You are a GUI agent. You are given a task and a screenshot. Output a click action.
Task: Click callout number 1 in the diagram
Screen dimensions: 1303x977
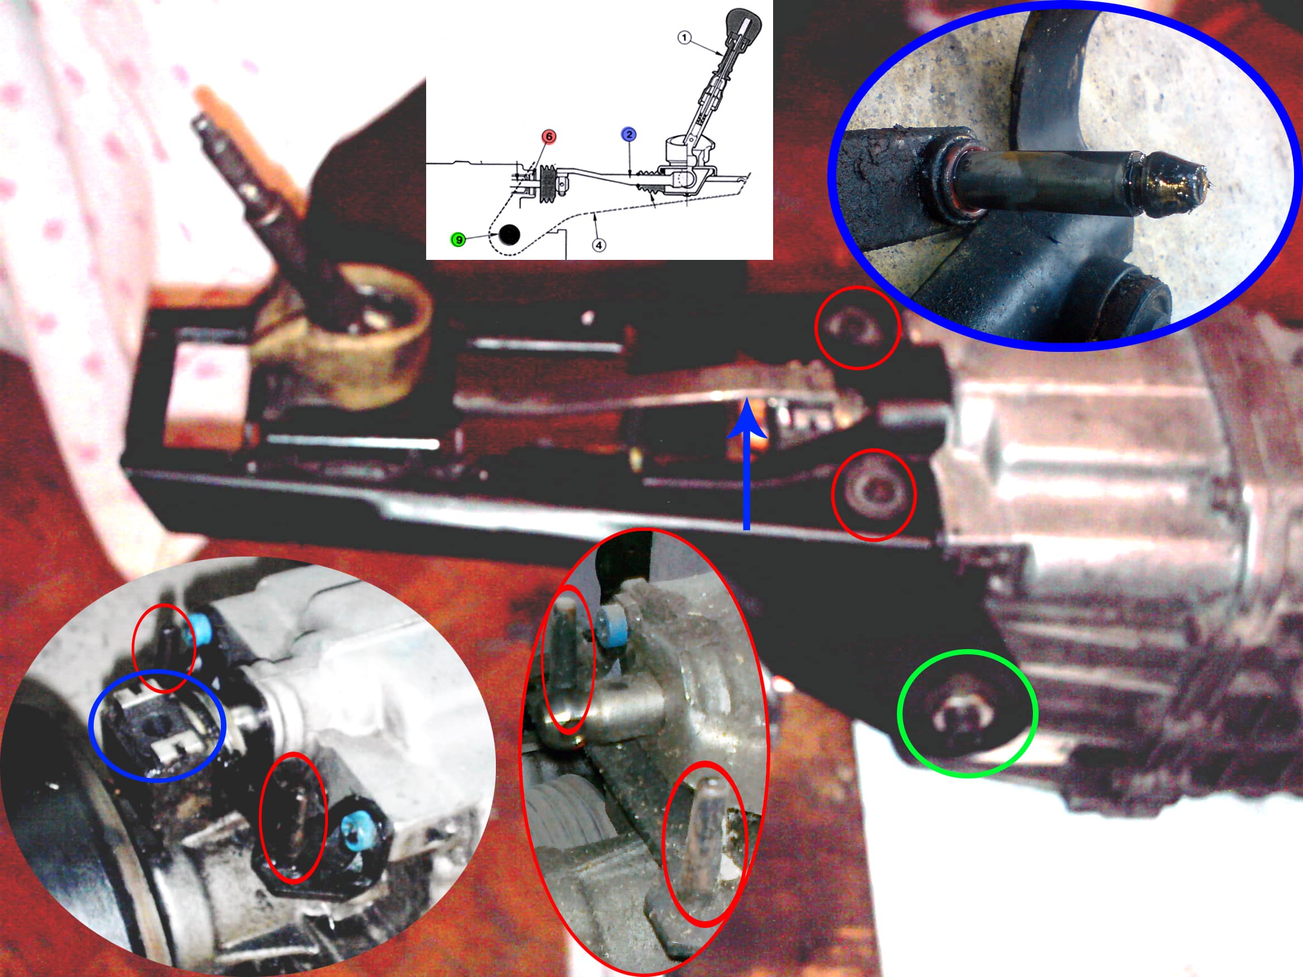[x=684, y=38]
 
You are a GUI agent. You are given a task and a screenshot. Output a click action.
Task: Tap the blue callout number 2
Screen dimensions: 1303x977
[x=629, y=134]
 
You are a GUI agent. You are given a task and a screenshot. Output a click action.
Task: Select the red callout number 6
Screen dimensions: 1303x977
[x=548, y=137]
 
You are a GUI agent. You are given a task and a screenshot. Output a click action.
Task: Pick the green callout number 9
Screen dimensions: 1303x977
[x=458, y=240]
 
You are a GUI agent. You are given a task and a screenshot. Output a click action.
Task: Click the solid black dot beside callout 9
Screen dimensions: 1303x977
[x=509, y=234]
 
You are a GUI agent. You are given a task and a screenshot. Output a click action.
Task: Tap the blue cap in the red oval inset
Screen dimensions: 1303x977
[x=611, y=629]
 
